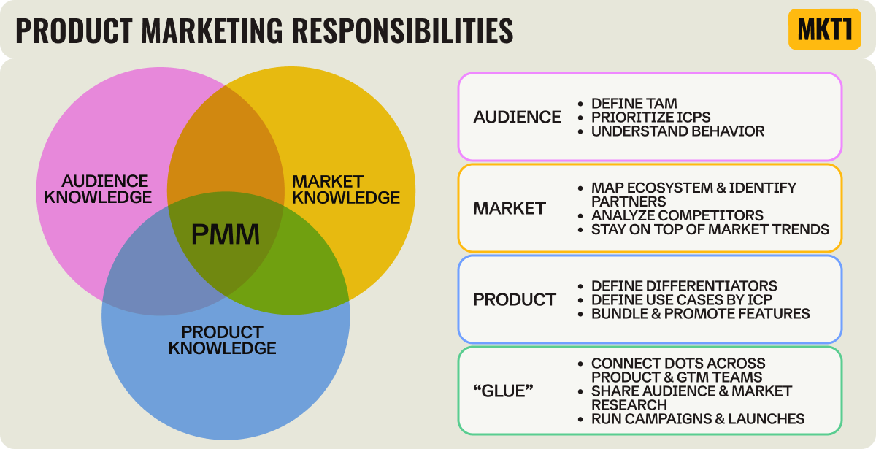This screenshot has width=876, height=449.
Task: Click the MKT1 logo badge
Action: coord(824,29)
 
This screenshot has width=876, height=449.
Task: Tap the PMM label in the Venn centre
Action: coord(226,234)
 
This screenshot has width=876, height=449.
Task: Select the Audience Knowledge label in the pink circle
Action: coord(107,188)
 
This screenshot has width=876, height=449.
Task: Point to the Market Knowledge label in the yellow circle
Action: coord(345,189)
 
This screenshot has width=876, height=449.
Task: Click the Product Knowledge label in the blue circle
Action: coord(222,339)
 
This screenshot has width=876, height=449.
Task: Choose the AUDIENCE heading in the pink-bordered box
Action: coord(517,117)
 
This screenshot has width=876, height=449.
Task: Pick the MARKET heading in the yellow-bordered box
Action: coord(509,208)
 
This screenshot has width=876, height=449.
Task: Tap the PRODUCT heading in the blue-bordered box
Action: coord(514,299)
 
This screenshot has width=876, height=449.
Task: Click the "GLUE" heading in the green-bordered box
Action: coord(503,391)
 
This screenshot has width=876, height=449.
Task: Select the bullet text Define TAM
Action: coord(634,104)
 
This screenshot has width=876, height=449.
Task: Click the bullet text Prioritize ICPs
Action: coord(650,118)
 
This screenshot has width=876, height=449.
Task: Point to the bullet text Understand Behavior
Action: coord(677,131)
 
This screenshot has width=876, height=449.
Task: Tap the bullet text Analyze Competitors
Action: coord(677,215)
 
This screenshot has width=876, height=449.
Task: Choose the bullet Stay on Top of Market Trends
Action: coord(710,229)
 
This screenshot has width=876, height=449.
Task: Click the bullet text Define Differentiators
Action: coord(684,285)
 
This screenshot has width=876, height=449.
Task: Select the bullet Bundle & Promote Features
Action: coord(700,313)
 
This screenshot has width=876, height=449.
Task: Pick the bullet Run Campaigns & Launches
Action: coord(698,418)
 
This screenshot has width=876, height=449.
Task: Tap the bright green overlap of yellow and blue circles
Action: coord(314,270)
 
